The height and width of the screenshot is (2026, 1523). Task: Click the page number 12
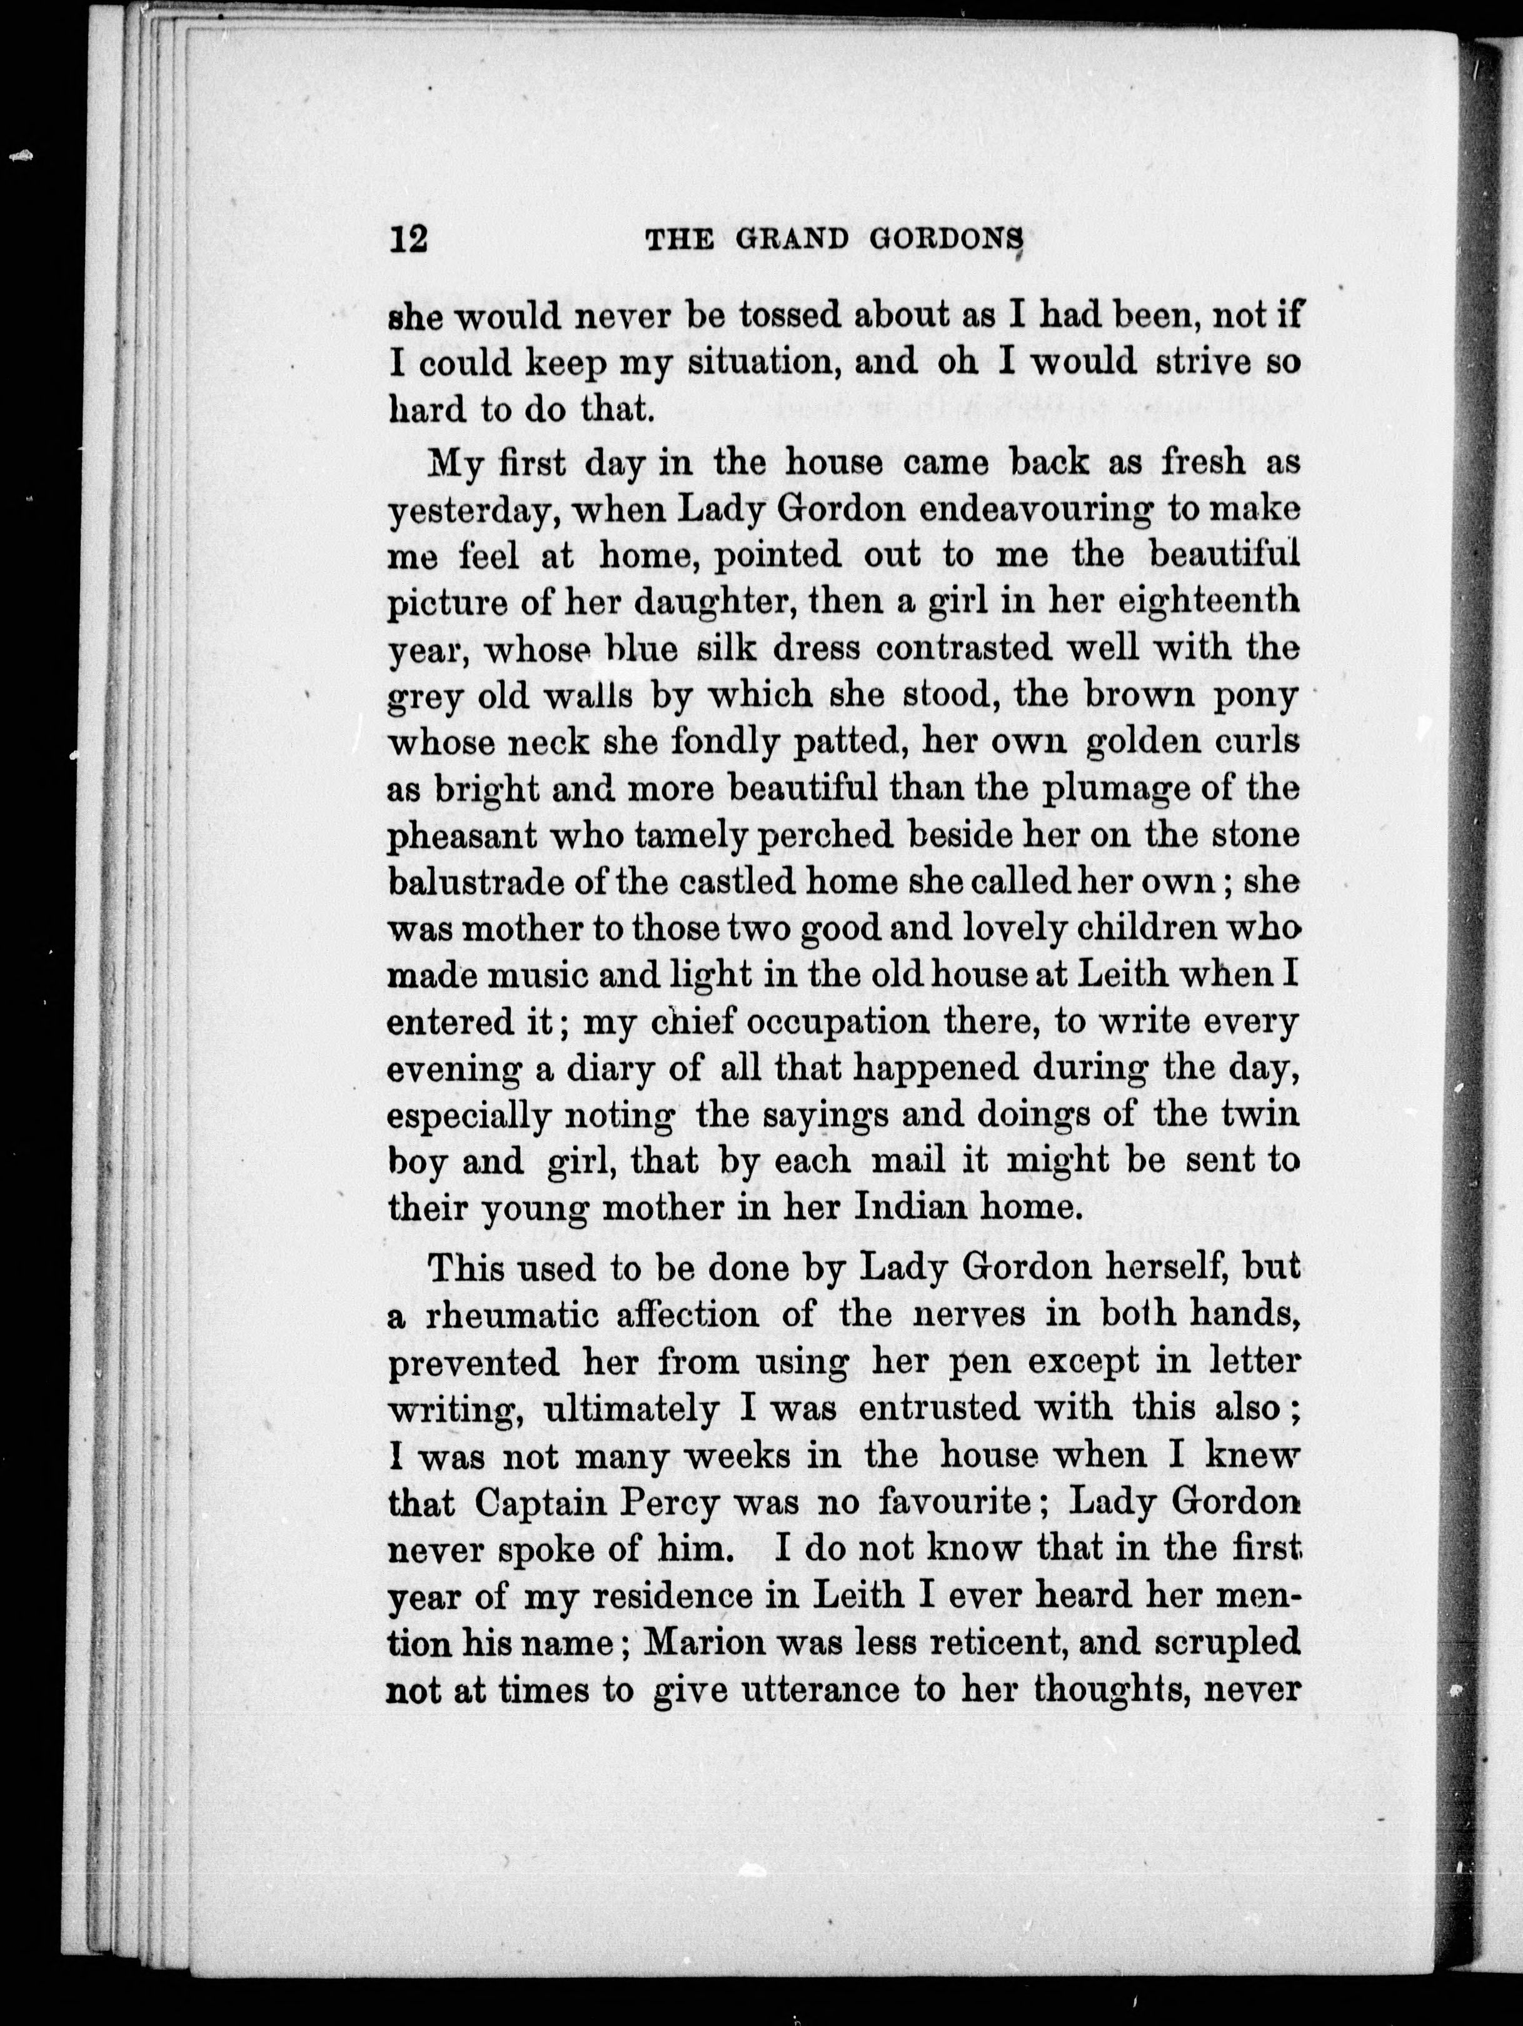pos(408,240)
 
